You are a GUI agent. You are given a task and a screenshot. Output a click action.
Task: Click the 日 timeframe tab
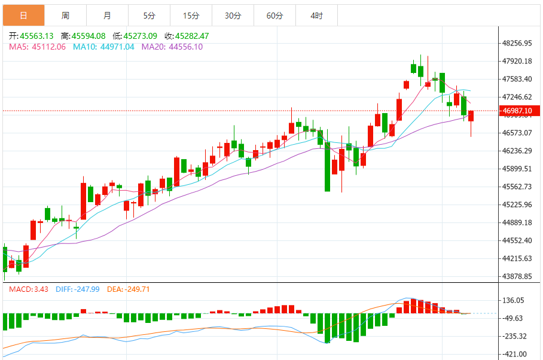23,15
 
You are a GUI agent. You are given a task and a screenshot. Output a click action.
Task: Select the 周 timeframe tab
65,15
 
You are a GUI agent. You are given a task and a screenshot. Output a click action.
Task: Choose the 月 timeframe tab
107,15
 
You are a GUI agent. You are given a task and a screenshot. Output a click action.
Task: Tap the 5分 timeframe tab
149,15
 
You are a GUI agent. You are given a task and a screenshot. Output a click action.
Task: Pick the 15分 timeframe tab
191,15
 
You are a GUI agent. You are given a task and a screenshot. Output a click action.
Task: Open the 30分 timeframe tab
233,15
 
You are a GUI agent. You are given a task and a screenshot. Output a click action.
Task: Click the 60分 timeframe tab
274,15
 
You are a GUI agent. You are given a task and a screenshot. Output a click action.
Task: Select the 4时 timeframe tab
316,15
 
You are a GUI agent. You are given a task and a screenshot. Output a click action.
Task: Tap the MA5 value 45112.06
48,47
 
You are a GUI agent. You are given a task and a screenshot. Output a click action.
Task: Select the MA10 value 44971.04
117,47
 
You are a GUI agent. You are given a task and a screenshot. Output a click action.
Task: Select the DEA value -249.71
136,289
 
